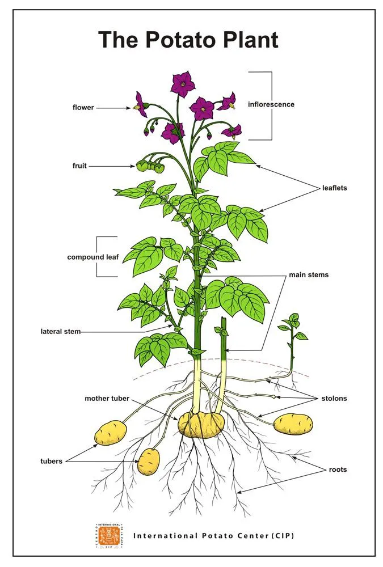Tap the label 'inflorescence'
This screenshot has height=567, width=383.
click(x=271, y=104)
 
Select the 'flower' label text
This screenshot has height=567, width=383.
click(x=83, y=107)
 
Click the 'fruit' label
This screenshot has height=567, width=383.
click(x=79, y=166)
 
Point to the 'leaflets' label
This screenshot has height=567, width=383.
click(x=335, y=188)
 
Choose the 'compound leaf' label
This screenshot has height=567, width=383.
click(x=93, y=257)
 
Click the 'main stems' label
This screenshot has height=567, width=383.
click(x=309, y=275)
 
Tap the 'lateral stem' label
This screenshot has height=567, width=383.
click(x=61, y=331)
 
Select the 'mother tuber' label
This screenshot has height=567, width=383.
click(x=107, y=398)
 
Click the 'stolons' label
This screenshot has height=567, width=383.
click(x=334, y=398)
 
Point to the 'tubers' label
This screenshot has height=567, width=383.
click(x=52, y=461)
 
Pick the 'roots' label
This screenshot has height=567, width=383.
click(x=338, y=469)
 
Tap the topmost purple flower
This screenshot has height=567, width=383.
click(x=183, y=84)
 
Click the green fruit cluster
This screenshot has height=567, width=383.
click(x=150, y=166)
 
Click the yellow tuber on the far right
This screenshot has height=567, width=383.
click(x=293, y=425)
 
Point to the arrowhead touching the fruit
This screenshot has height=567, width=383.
click(x=133, y=166)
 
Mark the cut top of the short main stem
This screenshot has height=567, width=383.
click(x=224, y=319)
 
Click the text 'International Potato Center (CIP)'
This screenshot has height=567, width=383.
click(x=213, y=536)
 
